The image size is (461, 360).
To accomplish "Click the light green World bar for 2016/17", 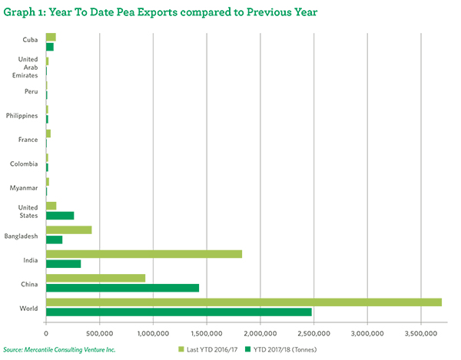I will [x=244, y=302].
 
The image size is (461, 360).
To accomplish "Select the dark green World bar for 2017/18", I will [x=179, y=312].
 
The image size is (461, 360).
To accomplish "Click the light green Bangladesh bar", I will [x=69, y=230].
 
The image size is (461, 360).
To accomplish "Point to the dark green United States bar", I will [x=60, y=216].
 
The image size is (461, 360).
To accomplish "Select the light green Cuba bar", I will [x=51, y=37].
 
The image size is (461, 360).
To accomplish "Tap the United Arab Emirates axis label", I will [x=27, y=67].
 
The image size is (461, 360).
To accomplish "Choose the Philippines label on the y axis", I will [x=22, y=115].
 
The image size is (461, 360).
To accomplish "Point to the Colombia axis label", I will [x=25, y=163].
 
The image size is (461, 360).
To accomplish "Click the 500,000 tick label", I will [x=100, y=332].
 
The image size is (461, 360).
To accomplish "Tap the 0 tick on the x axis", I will [x=46, y=332].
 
